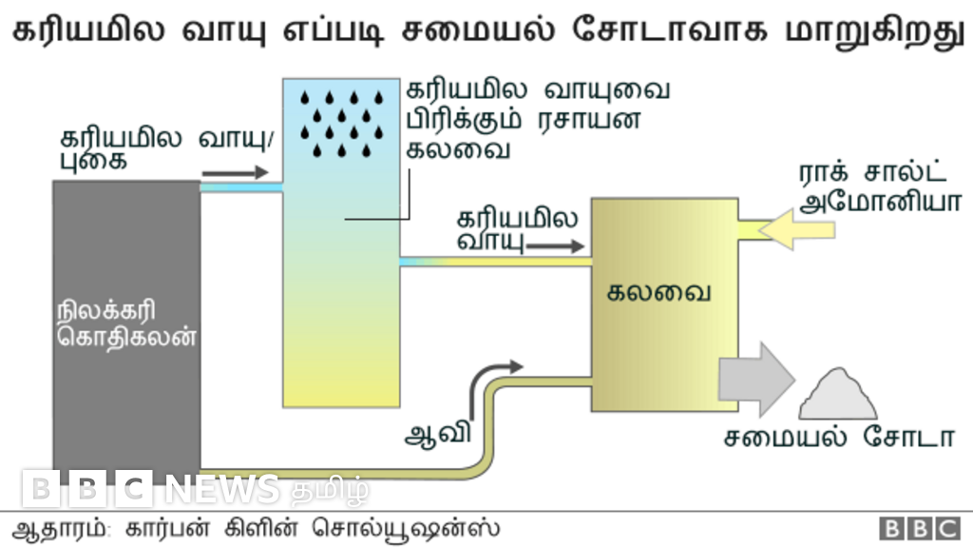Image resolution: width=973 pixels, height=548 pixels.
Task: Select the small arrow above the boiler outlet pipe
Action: click(237, 173)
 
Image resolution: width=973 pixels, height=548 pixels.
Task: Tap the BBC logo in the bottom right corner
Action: click(919, 529)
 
